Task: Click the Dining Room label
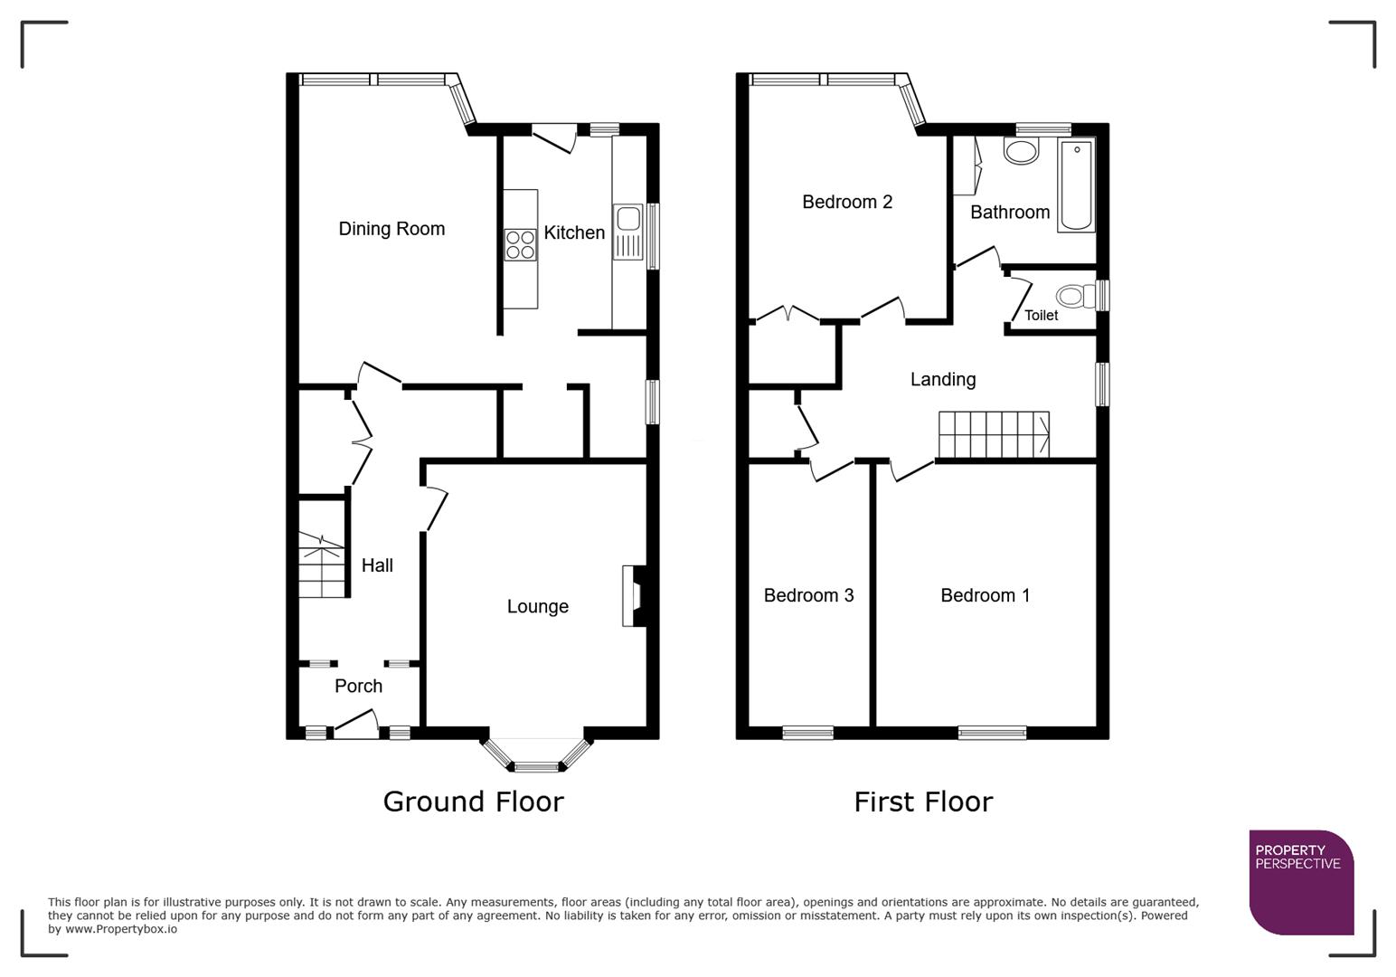click(x=391, y=229)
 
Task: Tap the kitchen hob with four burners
click(x=520, y=245)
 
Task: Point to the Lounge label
click(x=537, y=607)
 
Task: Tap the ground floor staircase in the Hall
click(x=323, y=564)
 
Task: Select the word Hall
click(x=377, y=565)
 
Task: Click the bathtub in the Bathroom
click(x=1076, y=185)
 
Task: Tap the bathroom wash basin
click(x=1022, y=151)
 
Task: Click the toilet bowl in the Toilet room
click(x=1072, y=296)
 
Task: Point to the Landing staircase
click(x=993, y=435)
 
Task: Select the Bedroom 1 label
click(x=985, y=595)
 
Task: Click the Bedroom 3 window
click(x=807, y=733)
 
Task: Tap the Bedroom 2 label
click(x=847, y=202)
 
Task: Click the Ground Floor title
click(x=473, y=802)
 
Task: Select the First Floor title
click(x=923, y=802)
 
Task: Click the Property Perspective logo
click(x=1300, y=881)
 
